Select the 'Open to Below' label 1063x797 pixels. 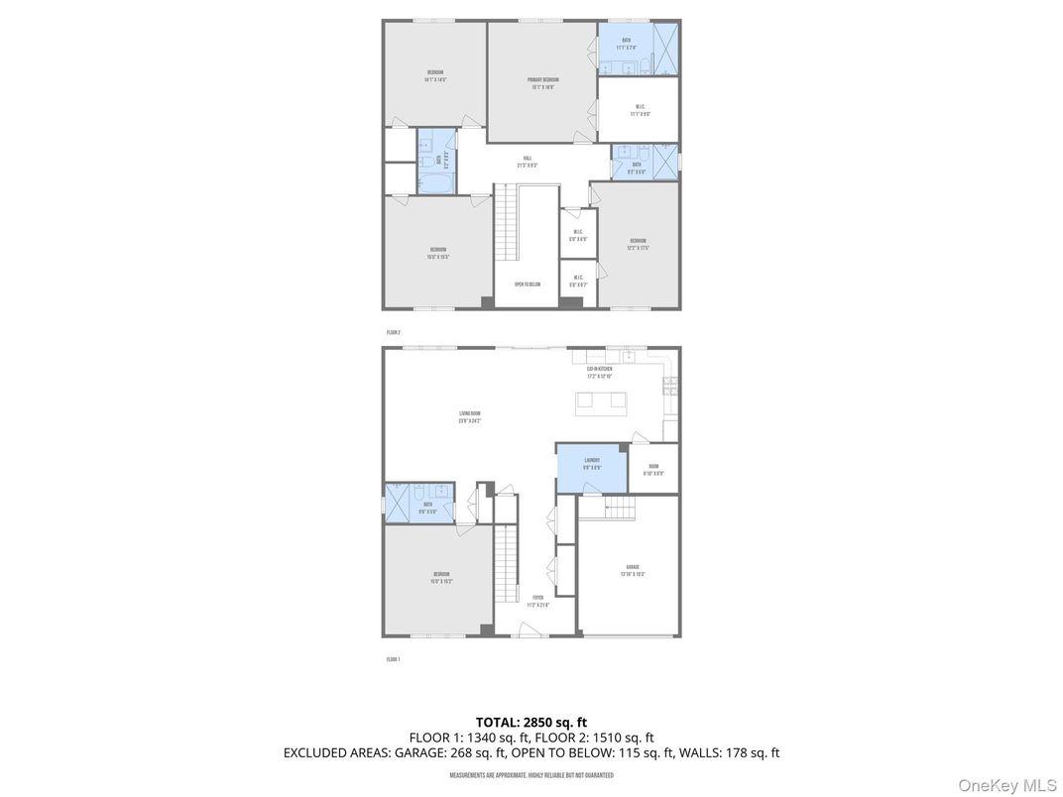click(x=528, y=285)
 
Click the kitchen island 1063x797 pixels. click(x=601, y=400)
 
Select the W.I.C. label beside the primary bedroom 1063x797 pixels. click(x=640, y=110)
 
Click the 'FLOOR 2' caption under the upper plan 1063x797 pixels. click(x=394, y=333)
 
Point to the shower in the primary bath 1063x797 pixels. click(x=665, y=47)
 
